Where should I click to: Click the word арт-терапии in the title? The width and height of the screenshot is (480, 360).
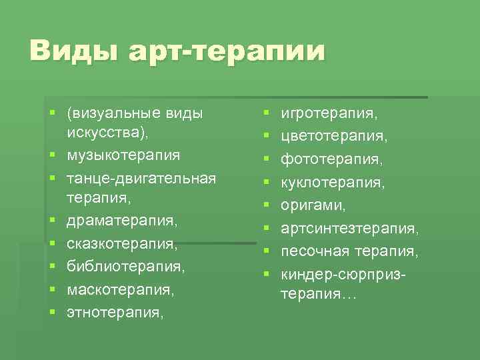point(227,51)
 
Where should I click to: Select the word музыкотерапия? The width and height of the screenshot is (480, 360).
point(123,155)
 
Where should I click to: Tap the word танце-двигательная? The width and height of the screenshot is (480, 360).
point(141,178)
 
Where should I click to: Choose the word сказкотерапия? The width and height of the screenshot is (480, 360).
point(122,243)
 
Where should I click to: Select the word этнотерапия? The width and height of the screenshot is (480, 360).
point(114,311)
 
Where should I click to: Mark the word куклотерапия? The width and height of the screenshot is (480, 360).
point(329,182)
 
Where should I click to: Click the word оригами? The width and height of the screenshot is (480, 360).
point(309,205)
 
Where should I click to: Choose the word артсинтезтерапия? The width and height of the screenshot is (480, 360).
point(349,229)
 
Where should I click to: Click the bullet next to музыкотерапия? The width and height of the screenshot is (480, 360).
point(51,155)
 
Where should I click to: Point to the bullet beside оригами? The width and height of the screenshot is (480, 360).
point(265,205)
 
